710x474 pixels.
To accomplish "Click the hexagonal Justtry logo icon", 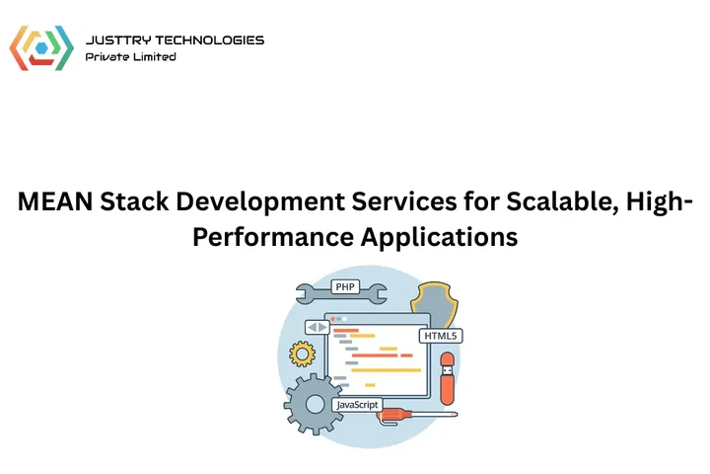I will click(41, 48).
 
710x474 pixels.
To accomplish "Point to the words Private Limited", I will click(131, 57).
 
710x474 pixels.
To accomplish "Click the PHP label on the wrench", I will click(345, 287).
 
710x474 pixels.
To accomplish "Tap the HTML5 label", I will click(441, 336).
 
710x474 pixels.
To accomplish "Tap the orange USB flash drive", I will click(447, 382).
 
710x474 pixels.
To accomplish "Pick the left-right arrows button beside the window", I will click(317, 327).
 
